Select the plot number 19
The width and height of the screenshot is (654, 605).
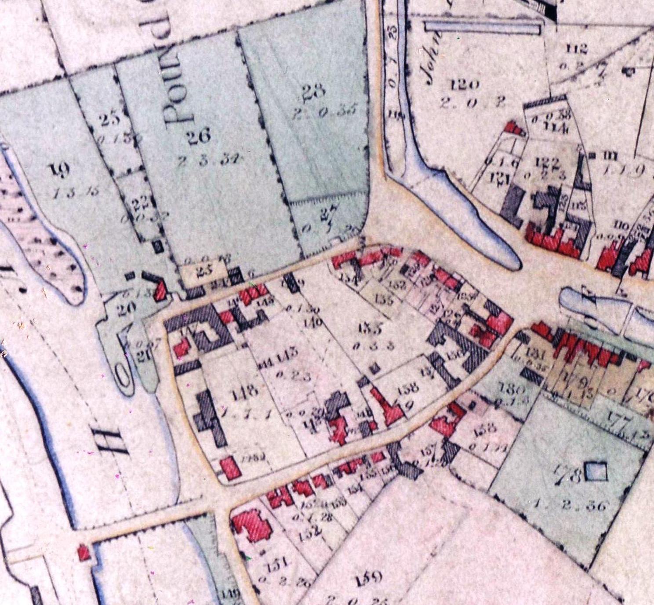click(57, 169)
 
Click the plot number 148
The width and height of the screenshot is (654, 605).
click(245, 391)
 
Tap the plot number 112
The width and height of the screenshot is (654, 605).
click(576, 48)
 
